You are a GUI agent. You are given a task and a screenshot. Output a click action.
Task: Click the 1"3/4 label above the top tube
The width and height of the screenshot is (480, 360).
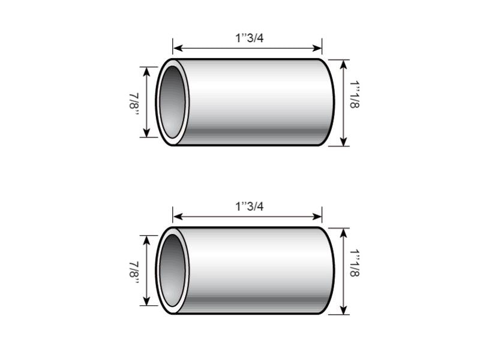coord(249,37)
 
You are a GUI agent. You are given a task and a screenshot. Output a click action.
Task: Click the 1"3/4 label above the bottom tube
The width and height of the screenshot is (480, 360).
coord(249,206)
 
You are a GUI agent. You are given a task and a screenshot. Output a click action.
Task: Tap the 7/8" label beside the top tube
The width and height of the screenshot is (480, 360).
coord(133,103)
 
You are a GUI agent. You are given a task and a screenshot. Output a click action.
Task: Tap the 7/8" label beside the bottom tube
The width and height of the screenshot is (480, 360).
coord(133,271)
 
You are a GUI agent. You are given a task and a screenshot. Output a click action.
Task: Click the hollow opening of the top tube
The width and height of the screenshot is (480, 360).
coord(173,102)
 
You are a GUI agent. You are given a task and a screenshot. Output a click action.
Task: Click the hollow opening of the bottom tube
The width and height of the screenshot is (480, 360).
coord(173,271)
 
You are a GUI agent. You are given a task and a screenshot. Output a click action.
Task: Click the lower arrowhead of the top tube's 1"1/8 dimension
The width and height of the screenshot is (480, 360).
coord(343,142)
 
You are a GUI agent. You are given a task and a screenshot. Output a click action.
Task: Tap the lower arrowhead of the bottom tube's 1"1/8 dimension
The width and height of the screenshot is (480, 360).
coord(343,311)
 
